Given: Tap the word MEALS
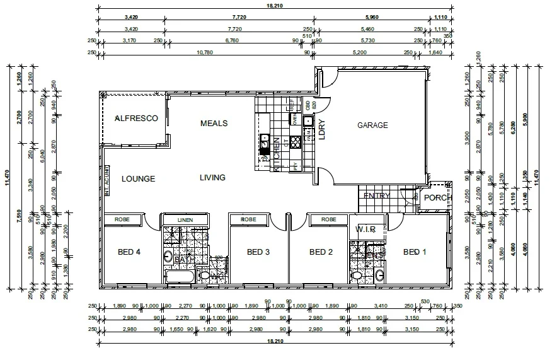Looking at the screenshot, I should pos(214,123).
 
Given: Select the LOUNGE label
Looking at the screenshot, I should pos(139,179).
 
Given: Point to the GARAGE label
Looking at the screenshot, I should pos(372,125).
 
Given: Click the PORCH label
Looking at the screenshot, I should pos(437,198).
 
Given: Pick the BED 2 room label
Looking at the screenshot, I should pos(321,252).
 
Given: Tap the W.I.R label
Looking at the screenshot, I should pos(367,228).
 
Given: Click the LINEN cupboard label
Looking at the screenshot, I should pos(185,219).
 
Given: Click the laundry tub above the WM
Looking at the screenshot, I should pos(309,121).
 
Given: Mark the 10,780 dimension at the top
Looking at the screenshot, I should pos(205,53).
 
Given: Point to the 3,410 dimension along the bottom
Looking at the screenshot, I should pos(380,306).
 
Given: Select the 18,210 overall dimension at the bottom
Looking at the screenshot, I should pos(273,341).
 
